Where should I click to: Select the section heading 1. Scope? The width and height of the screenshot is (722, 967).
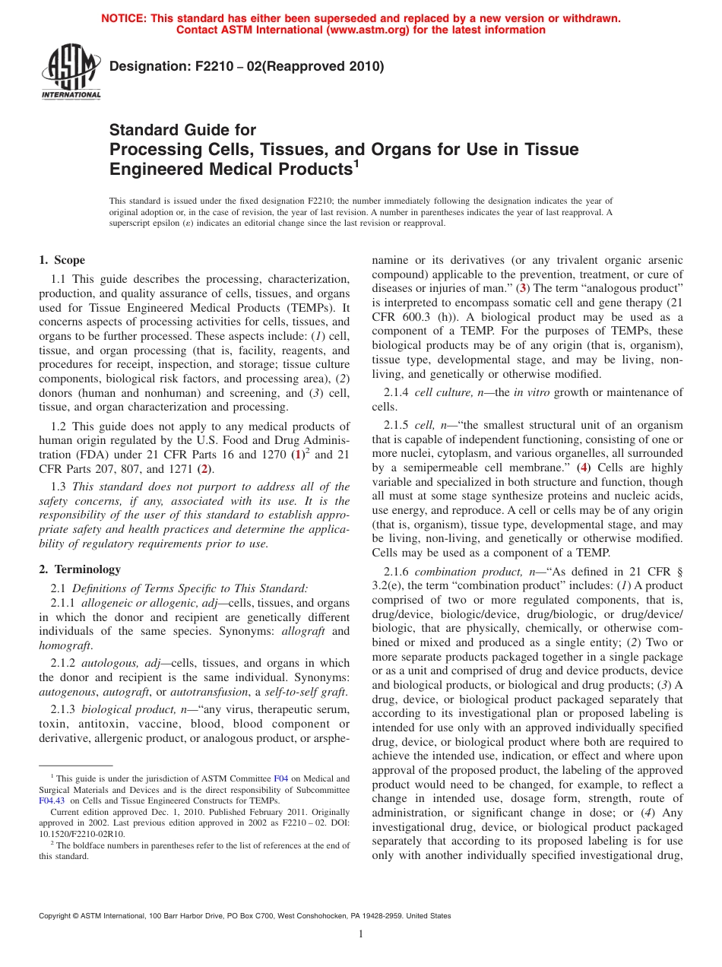tap(62, 260)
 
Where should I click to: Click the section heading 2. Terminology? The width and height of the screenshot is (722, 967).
tap(80, 569)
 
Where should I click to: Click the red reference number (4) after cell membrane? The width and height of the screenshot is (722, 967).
tap(584, 468)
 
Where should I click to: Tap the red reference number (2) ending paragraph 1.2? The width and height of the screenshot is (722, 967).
tap(204, 469)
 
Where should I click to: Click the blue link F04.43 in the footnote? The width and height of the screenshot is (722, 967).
tap(52, 800)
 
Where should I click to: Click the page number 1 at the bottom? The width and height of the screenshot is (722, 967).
tap(361, 934)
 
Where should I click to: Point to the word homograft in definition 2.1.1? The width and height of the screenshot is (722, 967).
tap(65, 645)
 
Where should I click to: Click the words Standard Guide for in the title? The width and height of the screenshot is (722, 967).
tap(183, 130)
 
